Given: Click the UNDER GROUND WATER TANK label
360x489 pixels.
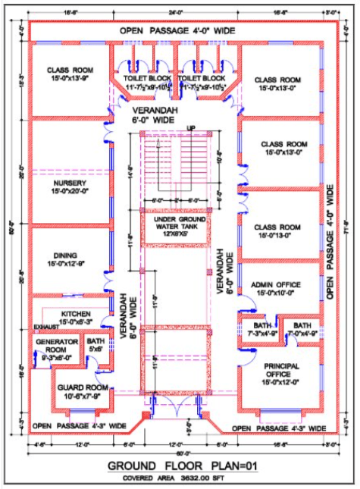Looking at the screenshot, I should point(174,224).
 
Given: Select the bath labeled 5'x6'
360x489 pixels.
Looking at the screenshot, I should point(95,346).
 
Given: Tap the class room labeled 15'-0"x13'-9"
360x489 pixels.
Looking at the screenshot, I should point(70,73).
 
